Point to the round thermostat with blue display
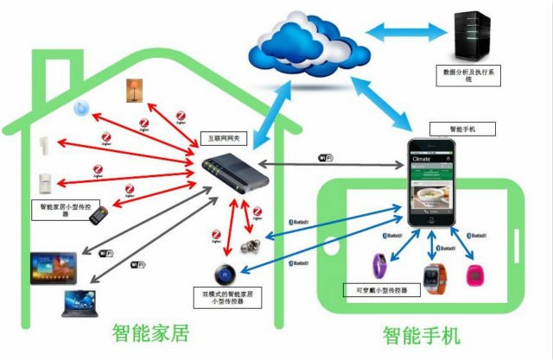click(227, 275)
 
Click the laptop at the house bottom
click(85, 303)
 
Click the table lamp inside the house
click(133, 90)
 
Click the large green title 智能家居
click(150, 332)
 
